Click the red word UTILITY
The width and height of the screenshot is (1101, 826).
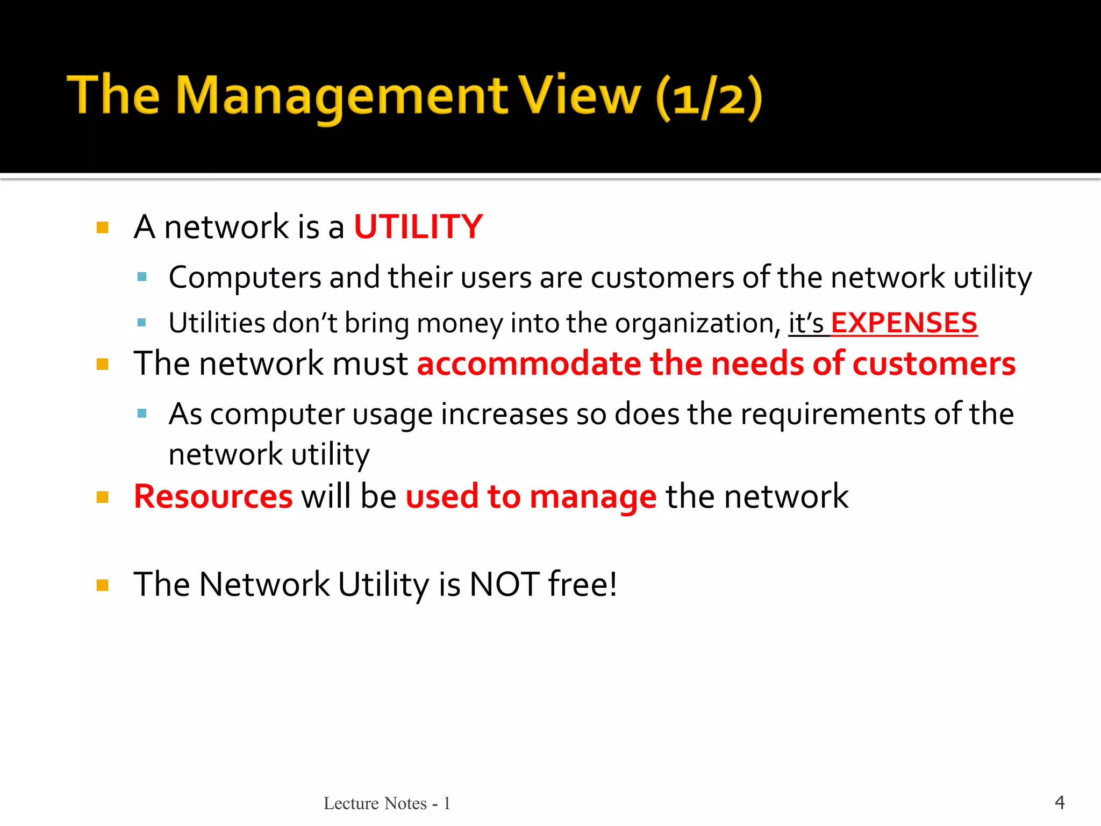tap(418, 227)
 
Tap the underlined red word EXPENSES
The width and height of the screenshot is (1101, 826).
tap(904, 323)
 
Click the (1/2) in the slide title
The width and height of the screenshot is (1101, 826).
tap(709, 98)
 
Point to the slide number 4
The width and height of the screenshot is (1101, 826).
tap(1060, 802)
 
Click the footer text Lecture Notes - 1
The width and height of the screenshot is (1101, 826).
tap(387, 803)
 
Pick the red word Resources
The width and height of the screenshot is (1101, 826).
tap(213, 496)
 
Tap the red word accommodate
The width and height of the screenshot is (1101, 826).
tap(529, 364)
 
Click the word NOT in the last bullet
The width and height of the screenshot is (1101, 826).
tap(504, 585)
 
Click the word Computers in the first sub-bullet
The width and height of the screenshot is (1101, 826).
tap(245, 278)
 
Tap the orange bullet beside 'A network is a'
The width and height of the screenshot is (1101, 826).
tap(102, 227)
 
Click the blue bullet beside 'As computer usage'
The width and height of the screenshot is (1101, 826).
tap(142, 414)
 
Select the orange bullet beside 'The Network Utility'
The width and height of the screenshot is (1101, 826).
tap(102, 585)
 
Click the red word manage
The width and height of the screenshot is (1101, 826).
tap(592, 497)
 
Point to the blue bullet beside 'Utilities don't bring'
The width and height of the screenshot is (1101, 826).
tap(142, 323)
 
